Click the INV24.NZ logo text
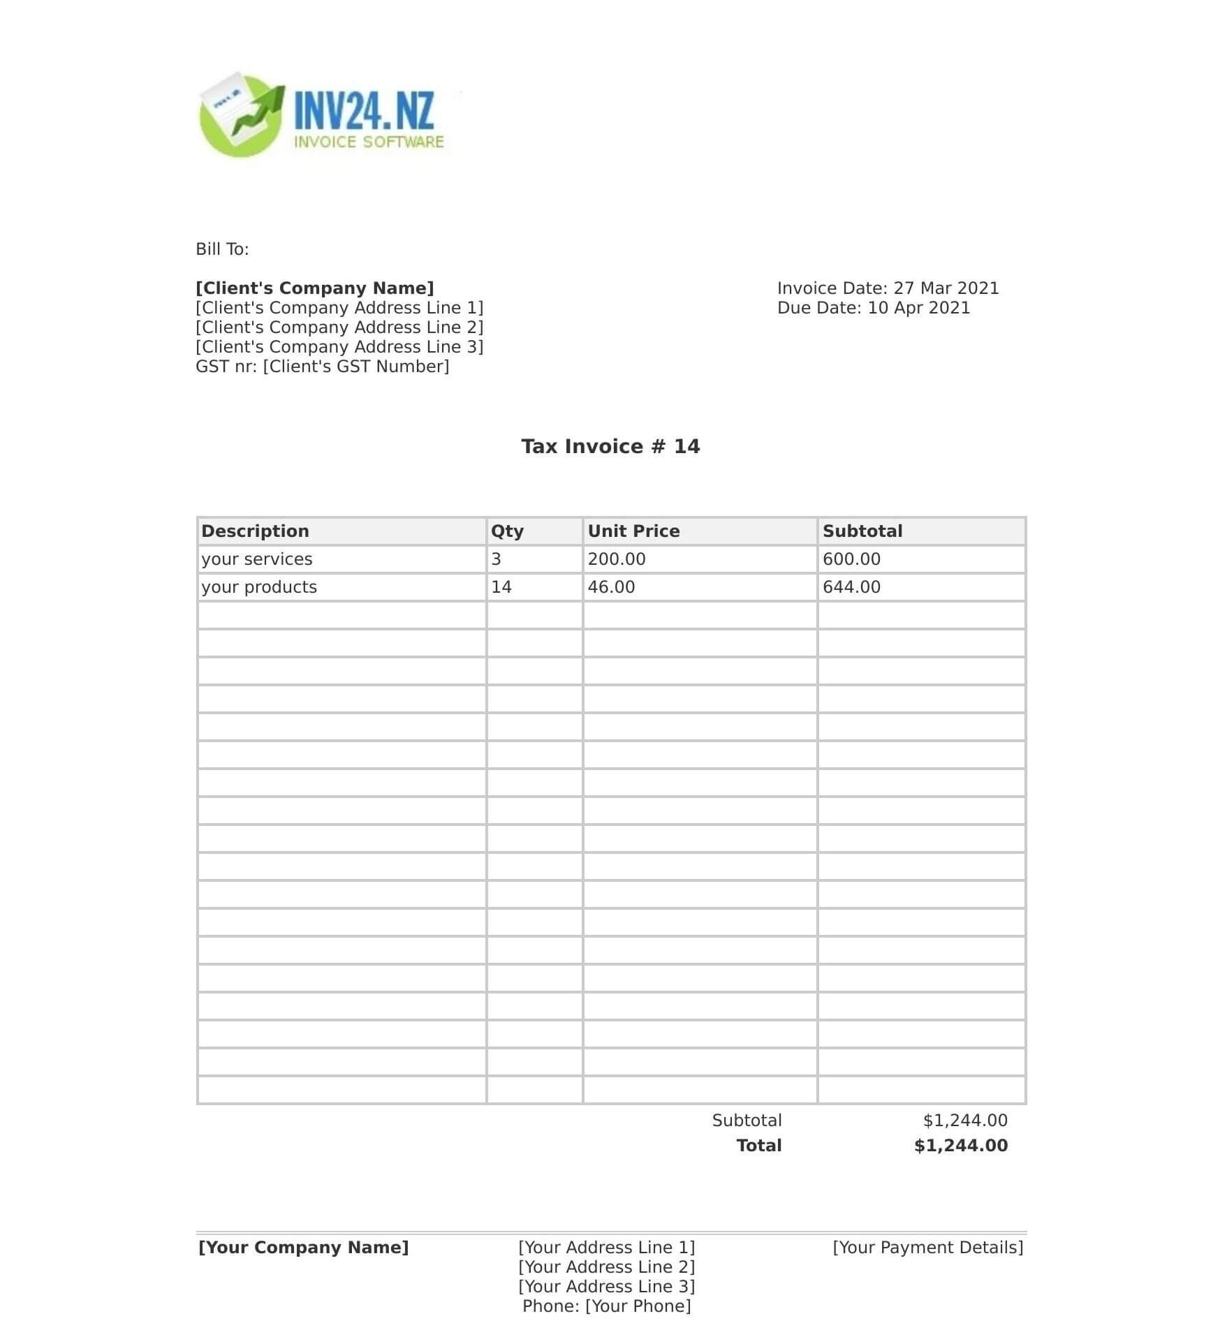coord(364,111)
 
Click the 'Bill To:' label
coord(222,249)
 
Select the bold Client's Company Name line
coord(314,288)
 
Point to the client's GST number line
coord(322,367)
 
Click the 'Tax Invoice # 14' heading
coord(610,446)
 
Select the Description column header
coord(255,531)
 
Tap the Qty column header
coord(507,531)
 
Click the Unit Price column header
coord(633,531)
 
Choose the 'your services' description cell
coord(257,559)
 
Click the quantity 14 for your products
coord(501,587)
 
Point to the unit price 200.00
coord(617,559)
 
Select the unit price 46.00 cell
coord(611,587)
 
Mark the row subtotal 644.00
coord(851,587)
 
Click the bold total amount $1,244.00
coord(960,1146)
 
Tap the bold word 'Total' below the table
coord(759,1146)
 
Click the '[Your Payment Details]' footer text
coord(927,1248)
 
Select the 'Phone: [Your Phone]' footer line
coord(606,1306)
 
